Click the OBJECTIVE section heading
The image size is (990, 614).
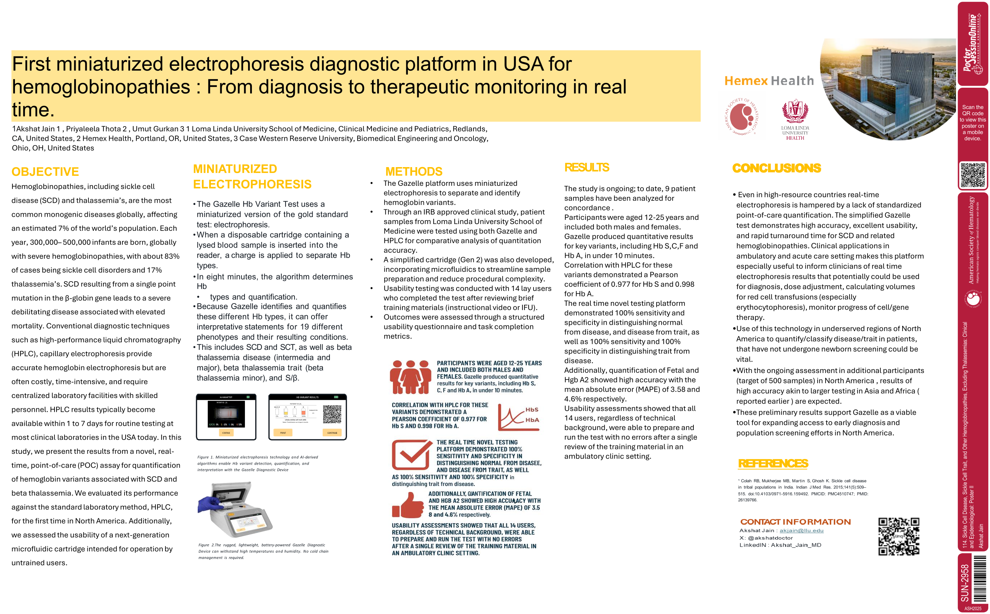coord(45,172)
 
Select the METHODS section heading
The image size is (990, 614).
coord(413,171)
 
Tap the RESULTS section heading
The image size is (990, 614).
coord(586,167)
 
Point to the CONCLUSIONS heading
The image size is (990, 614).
coord(776,168)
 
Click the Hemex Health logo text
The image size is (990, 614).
coord(769,81)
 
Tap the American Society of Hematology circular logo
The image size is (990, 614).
coord(742,117)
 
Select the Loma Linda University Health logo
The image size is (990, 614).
coord(795,120)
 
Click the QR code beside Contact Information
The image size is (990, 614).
coord(898,536)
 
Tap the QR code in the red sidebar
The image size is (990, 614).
coord(973,175)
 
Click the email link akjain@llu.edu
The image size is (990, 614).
coord(801,530)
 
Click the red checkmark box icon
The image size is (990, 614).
coord(411,455)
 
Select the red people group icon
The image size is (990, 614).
coord(410,377)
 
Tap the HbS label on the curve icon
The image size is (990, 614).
coord(532,410)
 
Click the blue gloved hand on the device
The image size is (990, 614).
coord(210,505)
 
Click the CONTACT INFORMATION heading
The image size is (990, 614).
coord(795,522)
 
